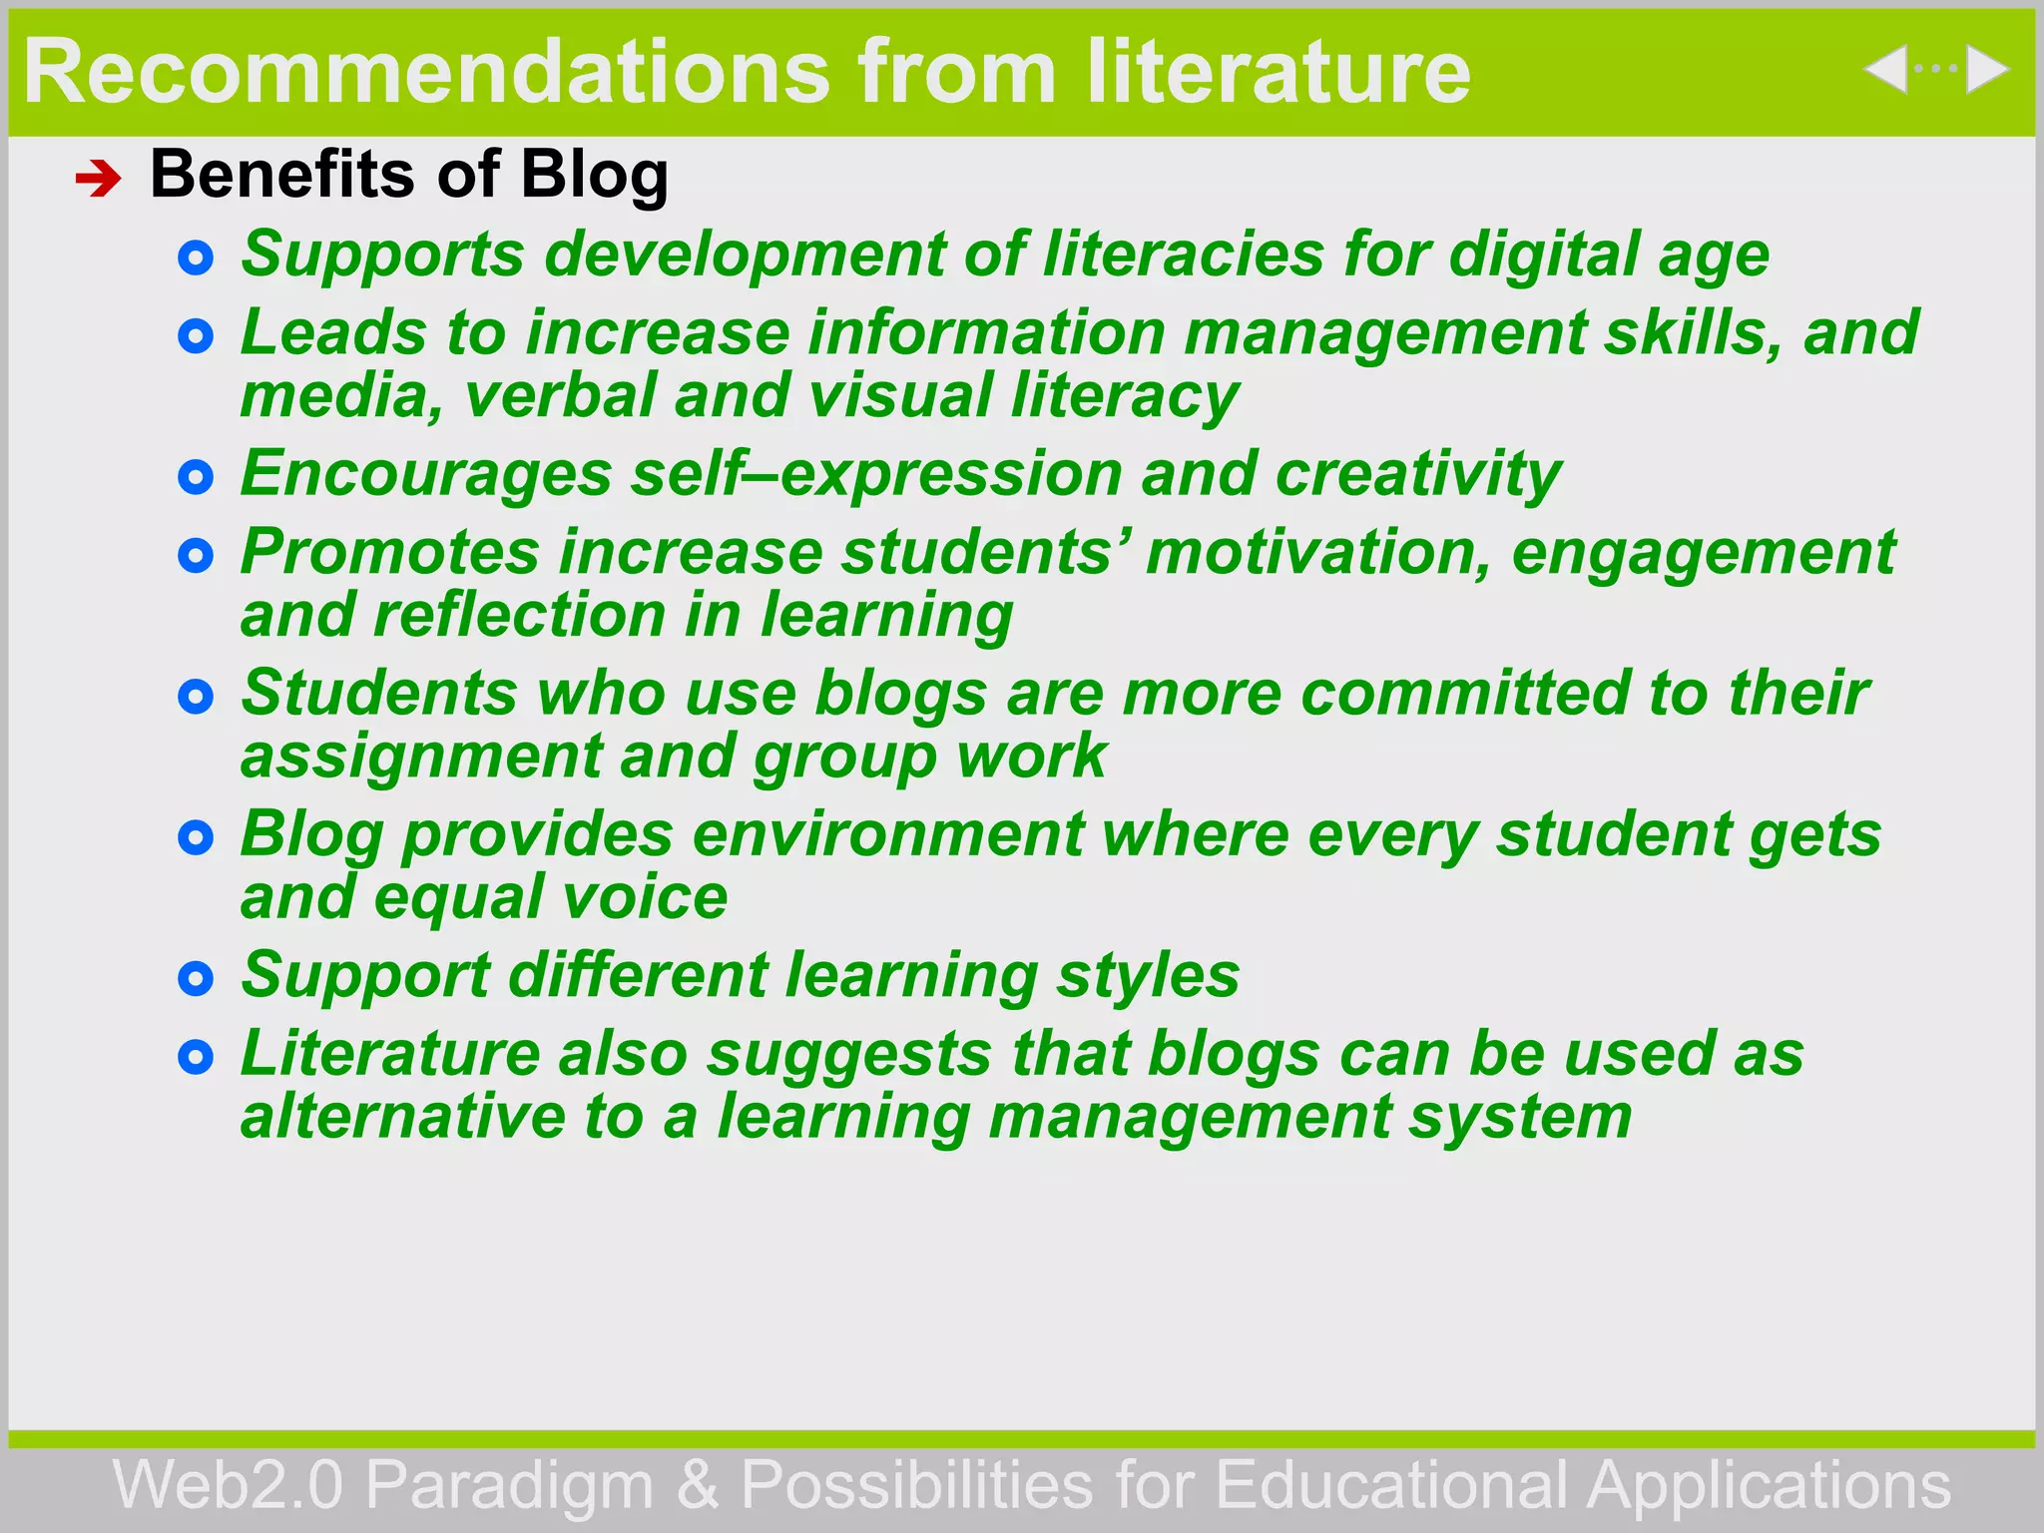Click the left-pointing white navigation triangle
coord(1885,70)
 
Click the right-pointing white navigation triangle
coord(1986,70)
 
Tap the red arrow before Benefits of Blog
coord(98,180)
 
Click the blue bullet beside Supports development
coord(196,258)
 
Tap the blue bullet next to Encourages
coord(196,477)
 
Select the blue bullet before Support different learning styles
coord(196,978)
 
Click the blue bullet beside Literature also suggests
coord(196,1057)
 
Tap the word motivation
coord(1317,552)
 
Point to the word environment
coord(887,834)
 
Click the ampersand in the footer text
coord(697,1485)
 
